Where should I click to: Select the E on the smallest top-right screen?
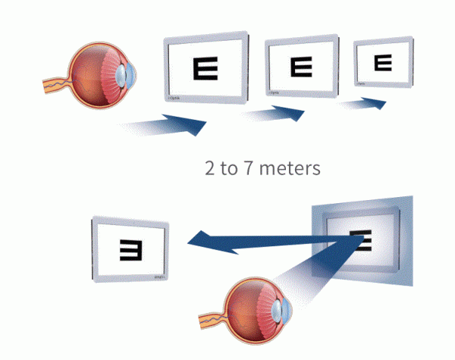tap(384, 62)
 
